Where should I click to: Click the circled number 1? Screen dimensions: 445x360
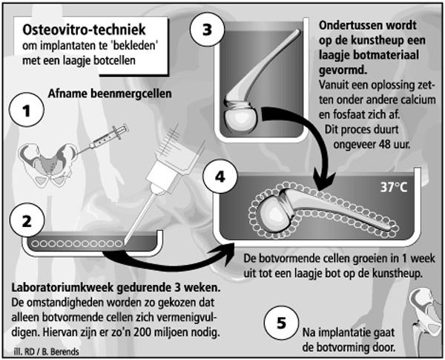pos(27,110)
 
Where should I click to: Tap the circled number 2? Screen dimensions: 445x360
pos(27,220)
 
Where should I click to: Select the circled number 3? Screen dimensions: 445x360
pos(207,29)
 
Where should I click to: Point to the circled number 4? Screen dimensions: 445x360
pos(220,177)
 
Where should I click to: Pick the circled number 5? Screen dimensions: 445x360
pos(281,322)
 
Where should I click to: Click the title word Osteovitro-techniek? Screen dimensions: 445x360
pos(84,30)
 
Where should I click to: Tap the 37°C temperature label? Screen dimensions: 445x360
pos(393,187)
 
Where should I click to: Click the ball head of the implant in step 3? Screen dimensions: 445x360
pos(241,118)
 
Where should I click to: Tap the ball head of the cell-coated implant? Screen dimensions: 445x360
pos(272,213)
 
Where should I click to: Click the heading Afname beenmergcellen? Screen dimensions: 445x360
pos(110,94)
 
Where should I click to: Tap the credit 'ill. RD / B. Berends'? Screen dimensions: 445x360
pos(46,352)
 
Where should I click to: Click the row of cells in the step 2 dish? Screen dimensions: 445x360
pos(76,243)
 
